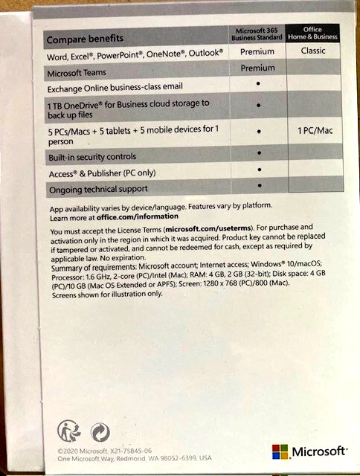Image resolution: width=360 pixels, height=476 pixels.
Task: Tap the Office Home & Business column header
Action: [x=312, y=32]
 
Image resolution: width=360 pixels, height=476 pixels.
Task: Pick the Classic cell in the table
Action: [x=312, y=51]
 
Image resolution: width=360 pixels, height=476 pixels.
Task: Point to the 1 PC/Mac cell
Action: [x=312, y=131]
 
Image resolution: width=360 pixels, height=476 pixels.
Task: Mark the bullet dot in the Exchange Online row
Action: [x=258, y=85]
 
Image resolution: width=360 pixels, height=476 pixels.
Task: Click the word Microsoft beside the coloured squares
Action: [x=320, y=452]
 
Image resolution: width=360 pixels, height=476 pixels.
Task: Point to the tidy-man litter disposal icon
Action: [x=69, y=431]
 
